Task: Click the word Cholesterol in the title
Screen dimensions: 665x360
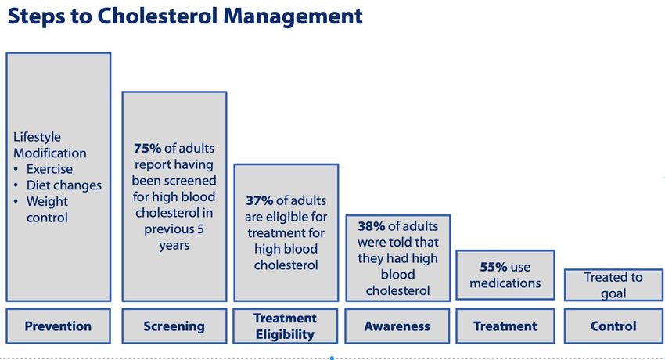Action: click(x=157, y=16)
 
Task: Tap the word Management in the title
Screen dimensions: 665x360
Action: click(x=293, y=17)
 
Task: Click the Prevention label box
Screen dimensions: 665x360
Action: click(x=58, y=326)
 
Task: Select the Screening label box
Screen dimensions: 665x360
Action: click(x=174, y=326)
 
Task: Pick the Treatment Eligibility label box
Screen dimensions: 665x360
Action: click(x=286, y=326)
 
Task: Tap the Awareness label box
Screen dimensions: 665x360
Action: click(x=397, y=326)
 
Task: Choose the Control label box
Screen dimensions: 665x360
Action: click(x=613, y=326)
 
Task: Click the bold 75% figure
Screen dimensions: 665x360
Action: click(x=147, y=149)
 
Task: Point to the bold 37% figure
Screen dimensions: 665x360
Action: click(x=260, y=200)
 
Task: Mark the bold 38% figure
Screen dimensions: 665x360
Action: click(x=371, y=226)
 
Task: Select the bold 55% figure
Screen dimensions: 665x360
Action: click(x=494, y=267)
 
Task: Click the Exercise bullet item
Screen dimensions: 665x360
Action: click(x=49, y=169)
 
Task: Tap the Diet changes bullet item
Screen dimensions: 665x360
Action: click(x=64, y=185)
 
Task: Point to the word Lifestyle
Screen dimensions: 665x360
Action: click(x=37, y=137)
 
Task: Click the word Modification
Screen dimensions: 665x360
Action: click(x=49, y=153)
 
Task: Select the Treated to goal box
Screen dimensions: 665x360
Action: click(x=613, y=285)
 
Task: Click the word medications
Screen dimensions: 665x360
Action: click(x=505, y=283)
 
